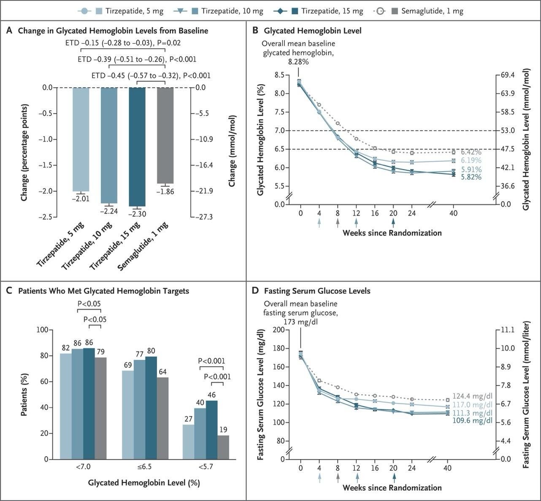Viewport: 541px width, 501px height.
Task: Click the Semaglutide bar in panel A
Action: [165, 135]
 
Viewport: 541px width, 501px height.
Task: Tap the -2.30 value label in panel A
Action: [137, 214]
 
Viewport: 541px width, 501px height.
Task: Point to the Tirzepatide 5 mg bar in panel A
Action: [81, 139]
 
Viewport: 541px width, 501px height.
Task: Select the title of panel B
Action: [312, 30]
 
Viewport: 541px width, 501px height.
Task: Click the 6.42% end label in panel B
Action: [471, 152]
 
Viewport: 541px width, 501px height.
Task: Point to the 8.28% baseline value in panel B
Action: [298, 62]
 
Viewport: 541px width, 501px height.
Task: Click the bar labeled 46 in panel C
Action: [211, 430]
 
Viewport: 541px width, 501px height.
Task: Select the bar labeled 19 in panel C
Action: [223, 447]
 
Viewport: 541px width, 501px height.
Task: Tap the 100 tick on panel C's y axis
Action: [43, 330]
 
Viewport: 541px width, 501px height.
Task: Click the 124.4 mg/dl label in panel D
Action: [472, 396]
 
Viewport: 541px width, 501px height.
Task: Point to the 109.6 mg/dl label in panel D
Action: [472, 421]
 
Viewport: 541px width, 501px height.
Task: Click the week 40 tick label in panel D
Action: [448, 468]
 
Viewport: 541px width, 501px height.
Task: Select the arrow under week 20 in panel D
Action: [394, 477]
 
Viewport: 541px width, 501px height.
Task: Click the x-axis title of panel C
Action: [144, 483]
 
